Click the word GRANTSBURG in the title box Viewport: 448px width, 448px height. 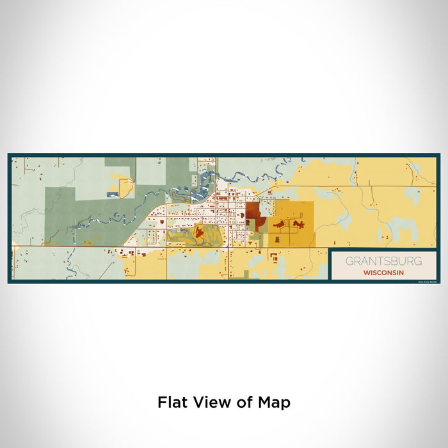tap(383, 261)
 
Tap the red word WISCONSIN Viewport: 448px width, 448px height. tap(383, 272)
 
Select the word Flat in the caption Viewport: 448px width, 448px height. tap(172, 403)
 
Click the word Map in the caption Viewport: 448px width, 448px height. tap(275, 403)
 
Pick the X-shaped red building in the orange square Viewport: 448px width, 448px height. tap(298, 224)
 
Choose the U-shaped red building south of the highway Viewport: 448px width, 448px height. tap(275, 257)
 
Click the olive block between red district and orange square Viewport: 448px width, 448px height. tap(262, 223)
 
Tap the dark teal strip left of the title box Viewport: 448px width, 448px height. tap(328, 264)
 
